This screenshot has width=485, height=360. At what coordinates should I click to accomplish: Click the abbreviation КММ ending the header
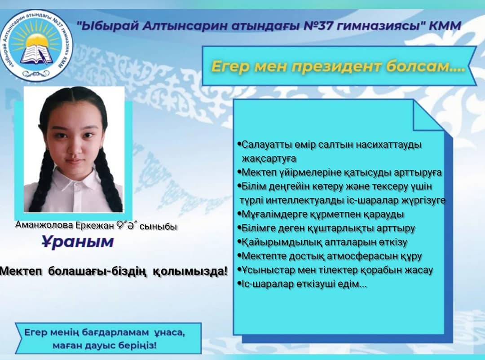(x=445, y=25)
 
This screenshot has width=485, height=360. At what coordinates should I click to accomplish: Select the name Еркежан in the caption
(x=95, y=226)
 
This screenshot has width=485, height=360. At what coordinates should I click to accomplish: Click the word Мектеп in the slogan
(x=22, y=271)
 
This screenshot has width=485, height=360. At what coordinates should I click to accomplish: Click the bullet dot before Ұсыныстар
(x=239, y=269)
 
